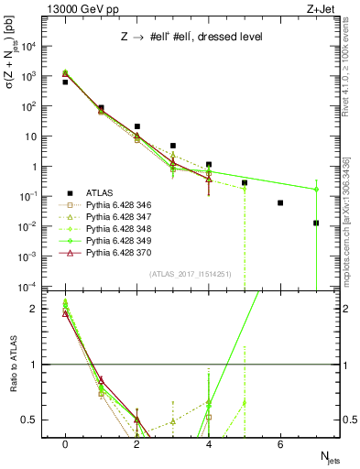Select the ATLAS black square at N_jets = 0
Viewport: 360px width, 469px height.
[65, 82]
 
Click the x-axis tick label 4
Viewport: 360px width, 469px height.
[209, 444]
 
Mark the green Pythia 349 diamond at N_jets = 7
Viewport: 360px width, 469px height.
[316, 190]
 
